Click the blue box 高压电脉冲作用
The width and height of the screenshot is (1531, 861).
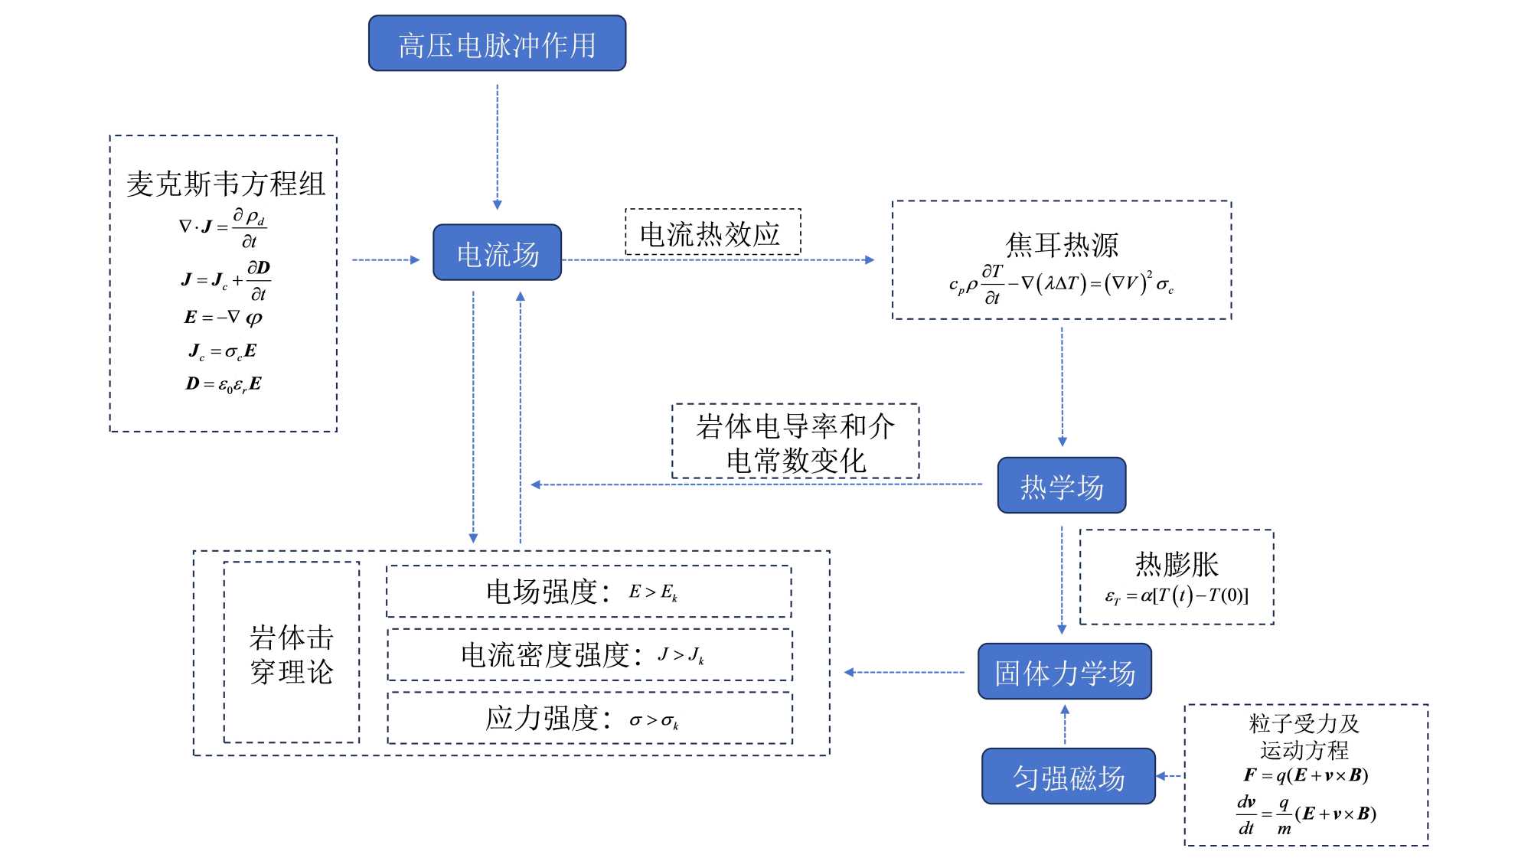[x=497, y=44]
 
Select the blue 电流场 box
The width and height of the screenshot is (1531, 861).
[x=497, y=253]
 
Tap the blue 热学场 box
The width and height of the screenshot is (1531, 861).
[x=1061, y=485]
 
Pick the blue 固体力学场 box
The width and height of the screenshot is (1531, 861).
[x=1064, y=672]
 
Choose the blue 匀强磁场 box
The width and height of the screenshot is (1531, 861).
[x=1068, y=776]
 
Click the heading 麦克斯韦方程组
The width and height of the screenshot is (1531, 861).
[x=225, y=184]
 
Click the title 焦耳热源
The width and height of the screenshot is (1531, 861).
[x=1062, y=245]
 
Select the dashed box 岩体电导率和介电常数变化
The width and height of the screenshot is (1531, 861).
[x=795, y=442]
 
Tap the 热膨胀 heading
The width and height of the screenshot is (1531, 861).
[x=1177, y=564]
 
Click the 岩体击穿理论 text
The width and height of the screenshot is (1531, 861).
[x=291, y=654]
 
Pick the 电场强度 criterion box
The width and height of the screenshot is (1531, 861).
[x=589, y=592]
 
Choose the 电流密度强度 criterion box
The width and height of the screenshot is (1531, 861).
[x=589, y=655]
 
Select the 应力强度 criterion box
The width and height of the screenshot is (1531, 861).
[x=589, y=718]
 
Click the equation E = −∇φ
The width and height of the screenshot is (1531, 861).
[x=223, y=317]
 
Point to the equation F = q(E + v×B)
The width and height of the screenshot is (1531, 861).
[x=1306, y=775]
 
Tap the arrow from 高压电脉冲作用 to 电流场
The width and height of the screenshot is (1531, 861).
[x=498, y=145]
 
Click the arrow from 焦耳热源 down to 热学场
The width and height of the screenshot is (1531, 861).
[x=1062, y=386]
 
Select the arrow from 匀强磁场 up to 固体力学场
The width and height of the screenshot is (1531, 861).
[x=1065, y=724]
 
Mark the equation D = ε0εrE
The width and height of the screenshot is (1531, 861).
[x=223, y=383]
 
